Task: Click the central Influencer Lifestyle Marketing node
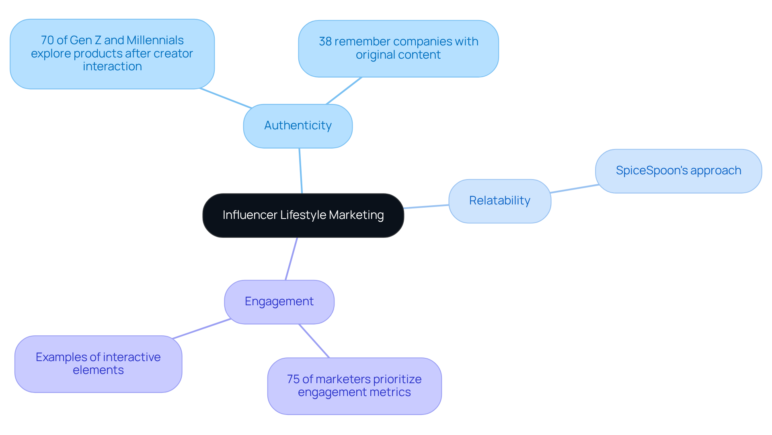point(303,215)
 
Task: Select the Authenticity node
point(298,126)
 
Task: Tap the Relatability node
point(499,201)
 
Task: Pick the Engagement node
point(279,302)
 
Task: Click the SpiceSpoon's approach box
point(678,171)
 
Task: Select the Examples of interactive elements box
point(98,364)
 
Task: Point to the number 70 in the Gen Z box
point(47,40)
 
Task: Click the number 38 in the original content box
point(325,41)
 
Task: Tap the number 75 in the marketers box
point(293,379)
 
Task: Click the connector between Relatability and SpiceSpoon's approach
point(574,189)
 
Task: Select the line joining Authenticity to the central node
point(300,171)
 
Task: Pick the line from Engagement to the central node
point(291,259)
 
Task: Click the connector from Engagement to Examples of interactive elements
point(201,329)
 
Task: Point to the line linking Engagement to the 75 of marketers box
point(314,341)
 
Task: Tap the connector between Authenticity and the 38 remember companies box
point(344,91)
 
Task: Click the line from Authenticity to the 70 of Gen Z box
point(225,98)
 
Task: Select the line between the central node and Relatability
point(426,206)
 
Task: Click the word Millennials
point(155,40)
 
